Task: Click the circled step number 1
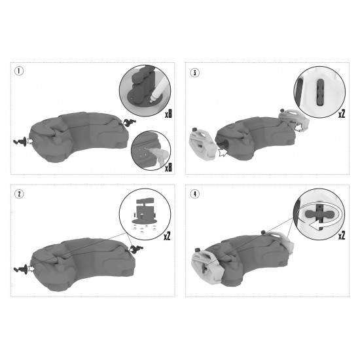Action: click(x=20, y=71)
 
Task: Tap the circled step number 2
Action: click(x=20, y=194)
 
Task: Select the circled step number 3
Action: click(x=194, y=71)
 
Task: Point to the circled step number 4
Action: click(x=194, y=194)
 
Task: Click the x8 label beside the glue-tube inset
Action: click(x=168, y=114)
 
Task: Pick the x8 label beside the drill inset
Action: click(x=168, y=168)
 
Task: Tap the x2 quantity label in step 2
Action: click(x=168, y=234)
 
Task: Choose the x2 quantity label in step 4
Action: click(x=342, y=234)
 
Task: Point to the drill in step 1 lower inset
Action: click(x=155, y=151)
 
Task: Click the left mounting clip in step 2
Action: click(x=21, y=268)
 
